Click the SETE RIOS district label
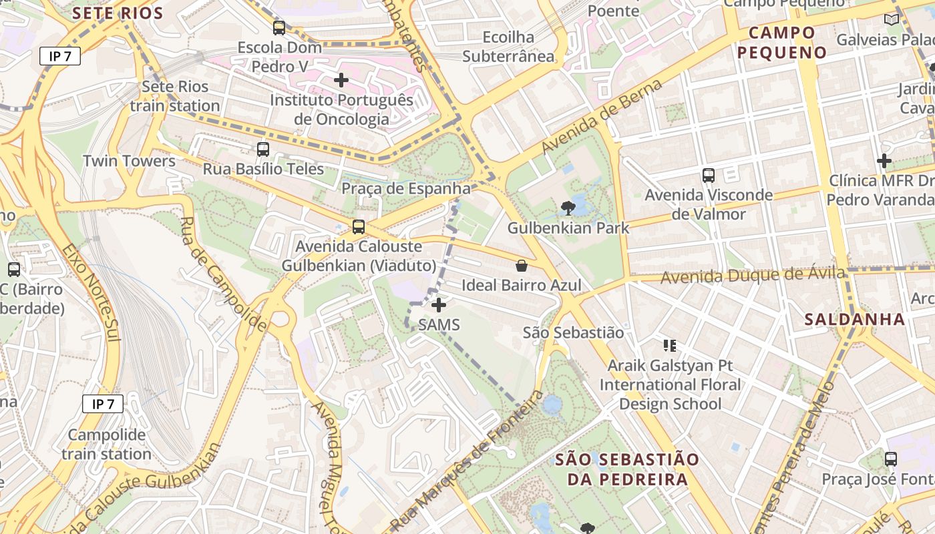[118, 13]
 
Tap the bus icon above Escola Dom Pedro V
[279, 28]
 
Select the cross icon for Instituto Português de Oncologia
[341, 81]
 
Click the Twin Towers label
[129, 161]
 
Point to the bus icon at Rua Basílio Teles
[263, 150]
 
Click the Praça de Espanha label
[406, 189]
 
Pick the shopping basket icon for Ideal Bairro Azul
[522, 266]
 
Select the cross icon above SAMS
[439, 306]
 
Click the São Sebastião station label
[573, 332]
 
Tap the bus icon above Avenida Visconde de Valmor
[709, 176]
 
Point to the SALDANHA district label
[855, 319]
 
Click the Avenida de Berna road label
[602, 116]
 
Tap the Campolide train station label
[107, 445]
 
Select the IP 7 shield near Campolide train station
[103, 404]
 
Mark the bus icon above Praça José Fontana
[891, 459]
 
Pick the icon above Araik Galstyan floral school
[670, 345]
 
